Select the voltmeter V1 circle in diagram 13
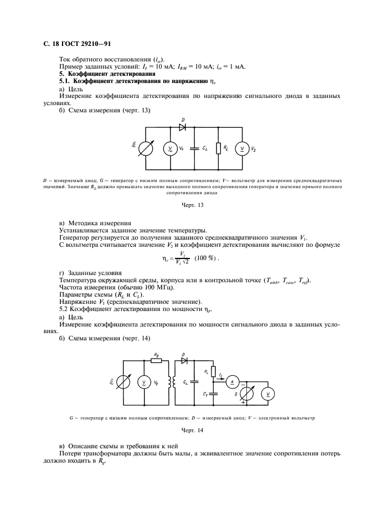pos(170,148)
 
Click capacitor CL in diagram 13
pos(194,148)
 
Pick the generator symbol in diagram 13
pos(146,148)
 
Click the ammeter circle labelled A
pos(233,382)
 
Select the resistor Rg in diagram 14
pos(157,360)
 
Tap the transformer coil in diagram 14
pos(177,382)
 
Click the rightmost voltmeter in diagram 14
pos(268,393)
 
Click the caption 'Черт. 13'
pos(193,205)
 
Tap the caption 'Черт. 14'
pos(193,429)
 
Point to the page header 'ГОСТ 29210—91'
pos(91,43)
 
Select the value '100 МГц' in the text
pos(159,287)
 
